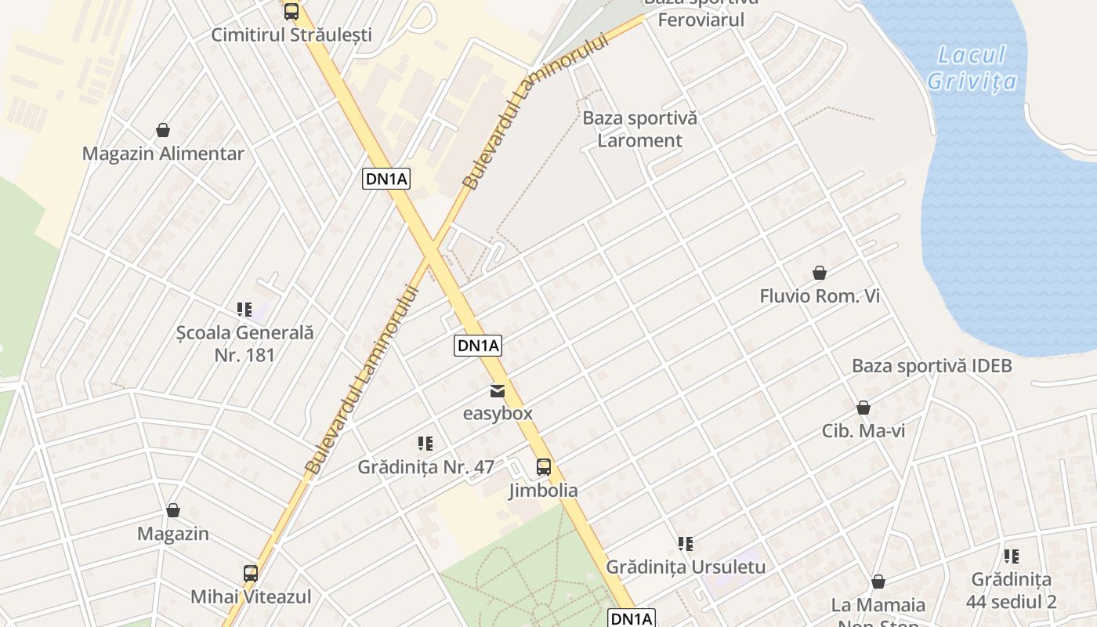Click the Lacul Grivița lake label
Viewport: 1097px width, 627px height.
click(x=972, y=68)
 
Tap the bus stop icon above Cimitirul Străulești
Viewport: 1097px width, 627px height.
click(x=291, y=12)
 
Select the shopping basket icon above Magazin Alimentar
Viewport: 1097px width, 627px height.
click(x=163, y=130)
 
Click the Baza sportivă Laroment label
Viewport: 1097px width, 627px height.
click(x=639, y=129)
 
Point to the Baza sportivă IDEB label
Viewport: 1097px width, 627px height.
click(x=932, y=366)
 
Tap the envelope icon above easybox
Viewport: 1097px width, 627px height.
click(x=498, y=390)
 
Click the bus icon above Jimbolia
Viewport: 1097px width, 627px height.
click(x=543, y=467)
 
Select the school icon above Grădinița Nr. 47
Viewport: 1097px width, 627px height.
click(x=425, y=444)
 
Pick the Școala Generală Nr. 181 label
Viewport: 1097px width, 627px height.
click(x=244, y=343)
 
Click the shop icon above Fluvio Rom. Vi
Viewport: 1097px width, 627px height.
click(x=820, y=273)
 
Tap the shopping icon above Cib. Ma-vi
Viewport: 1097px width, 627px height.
click(x=863, y=408)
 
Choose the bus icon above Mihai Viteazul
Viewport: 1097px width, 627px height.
click(x=251, y=573)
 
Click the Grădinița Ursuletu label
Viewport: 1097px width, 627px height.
click(x=686, y=566)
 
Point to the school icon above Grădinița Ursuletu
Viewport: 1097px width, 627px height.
click(x=686, y=543)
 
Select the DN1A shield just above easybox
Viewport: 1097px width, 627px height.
click(x=477, y=346)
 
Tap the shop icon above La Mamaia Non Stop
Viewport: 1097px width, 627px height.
click(x=878, y=582)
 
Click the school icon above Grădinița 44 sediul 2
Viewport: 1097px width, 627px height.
click(x=1012, y=556)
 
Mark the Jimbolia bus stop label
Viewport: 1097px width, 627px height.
click(x=543, y=491)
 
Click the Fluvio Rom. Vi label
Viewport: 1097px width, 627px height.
click(x=820, y=296)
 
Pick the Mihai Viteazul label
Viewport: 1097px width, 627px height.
click(x=251, y=596)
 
